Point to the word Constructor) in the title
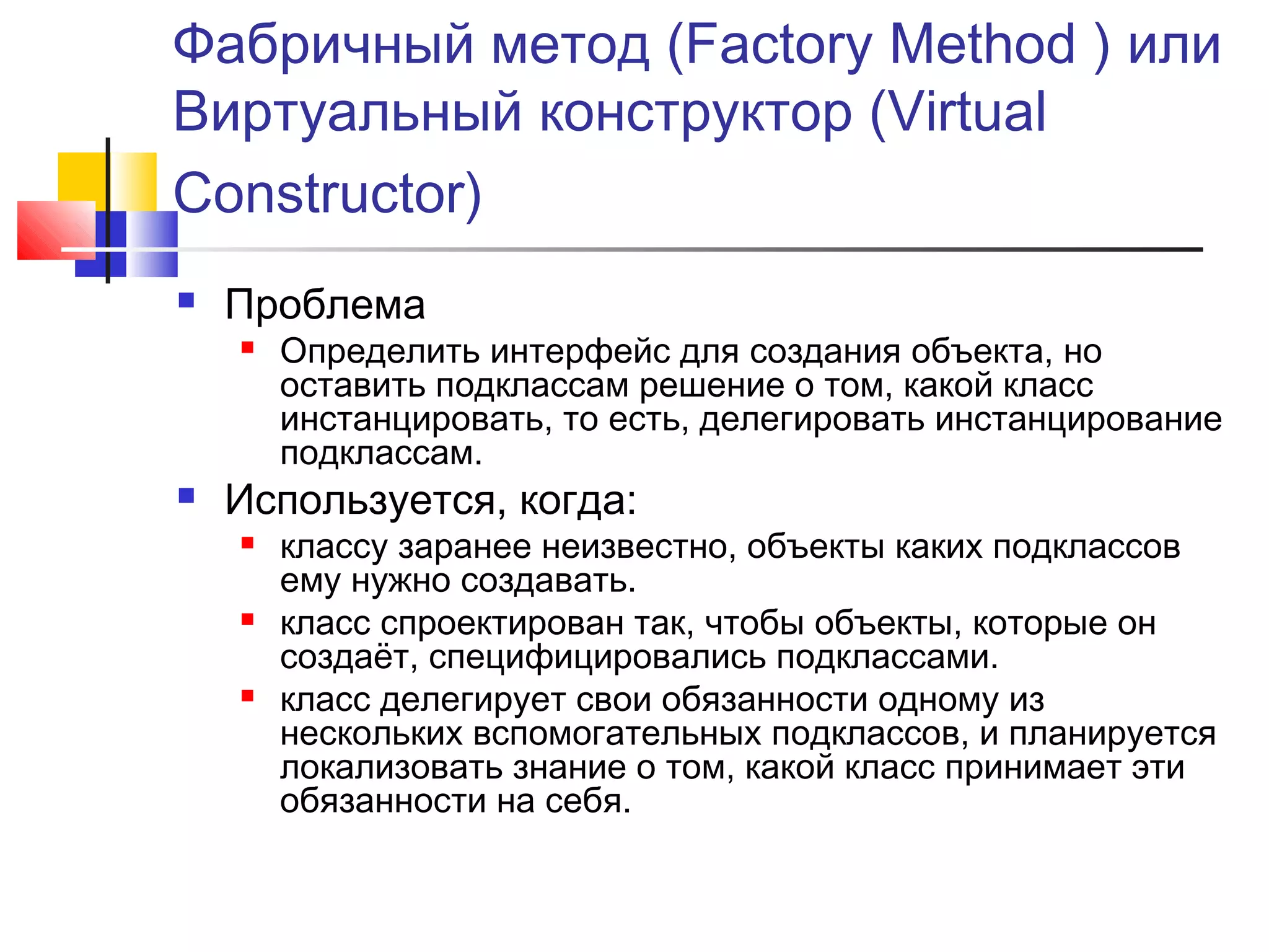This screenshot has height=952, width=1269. coord(328,193)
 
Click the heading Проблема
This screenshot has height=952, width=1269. coord(325,305)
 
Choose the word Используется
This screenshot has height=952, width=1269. coord(360,500)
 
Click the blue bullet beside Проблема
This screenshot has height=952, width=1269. coord(186,301)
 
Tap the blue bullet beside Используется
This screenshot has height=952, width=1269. coord(186,496)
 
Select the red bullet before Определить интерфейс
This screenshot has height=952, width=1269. coord(248,348)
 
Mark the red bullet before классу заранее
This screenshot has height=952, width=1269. coord(248,544)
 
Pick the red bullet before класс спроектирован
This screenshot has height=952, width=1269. coord(248,619)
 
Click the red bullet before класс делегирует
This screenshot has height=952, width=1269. coord(248,696)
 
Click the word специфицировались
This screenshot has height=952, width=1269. coord(597,657)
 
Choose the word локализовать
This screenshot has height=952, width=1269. coord(391,768)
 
